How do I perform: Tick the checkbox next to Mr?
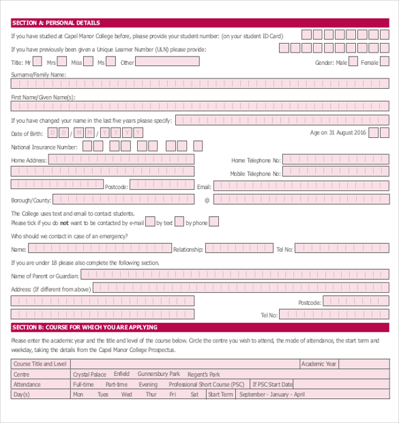tap(38, 62)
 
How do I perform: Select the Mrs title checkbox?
tap(62, 62)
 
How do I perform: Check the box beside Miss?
tap(87, 62)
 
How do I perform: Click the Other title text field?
tap(168, 61)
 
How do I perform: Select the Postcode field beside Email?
tap(162, 184)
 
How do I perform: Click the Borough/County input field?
tap(123, 199)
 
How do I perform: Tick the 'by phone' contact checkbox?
tap(213, 222)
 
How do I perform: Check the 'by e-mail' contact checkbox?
tap(151, 222)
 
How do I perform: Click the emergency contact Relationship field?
tap(239, 248)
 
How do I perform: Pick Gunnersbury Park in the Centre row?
tap(158, 374)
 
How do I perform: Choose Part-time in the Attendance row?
tap(117, 384)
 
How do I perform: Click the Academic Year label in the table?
tap(319, 364)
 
